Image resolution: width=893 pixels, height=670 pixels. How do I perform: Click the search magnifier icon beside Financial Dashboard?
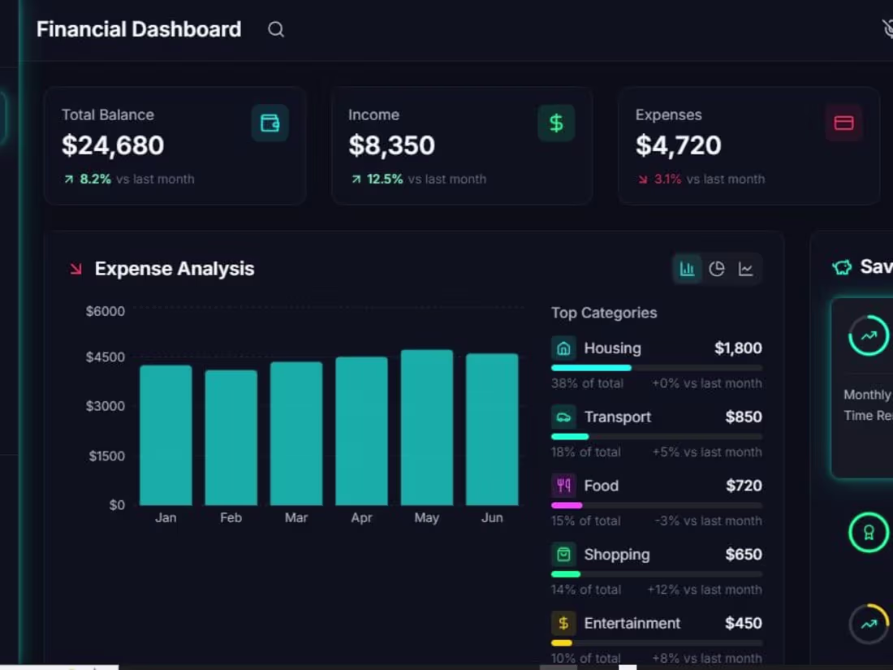[276, 30]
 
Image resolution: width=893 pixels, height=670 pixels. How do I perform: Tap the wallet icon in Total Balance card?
[270, 123]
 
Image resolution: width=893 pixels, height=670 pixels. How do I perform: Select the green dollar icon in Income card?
[556, 123]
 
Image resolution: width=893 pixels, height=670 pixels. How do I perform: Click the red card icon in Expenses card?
[843, 123]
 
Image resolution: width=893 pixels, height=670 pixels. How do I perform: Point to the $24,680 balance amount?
[113, 145]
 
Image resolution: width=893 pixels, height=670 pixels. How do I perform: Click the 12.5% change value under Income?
[385, 179]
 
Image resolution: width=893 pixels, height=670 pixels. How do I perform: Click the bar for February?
[231, 438]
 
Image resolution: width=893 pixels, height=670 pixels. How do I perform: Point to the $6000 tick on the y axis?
[106, 311]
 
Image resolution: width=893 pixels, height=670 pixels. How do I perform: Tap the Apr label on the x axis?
[361, 517]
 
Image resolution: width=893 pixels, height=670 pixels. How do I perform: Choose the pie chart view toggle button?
[717, 269]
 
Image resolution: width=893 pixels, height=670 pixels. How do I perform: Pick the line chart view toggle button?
[746, 269]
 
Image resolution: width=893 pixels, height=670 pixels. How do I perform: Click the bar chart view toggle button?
[688, 269]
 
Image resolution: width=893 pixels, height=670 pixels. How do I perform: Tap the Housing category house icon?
[563, 348]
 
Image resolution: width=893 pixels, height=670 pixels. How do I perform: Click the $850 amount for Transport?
[744, 417]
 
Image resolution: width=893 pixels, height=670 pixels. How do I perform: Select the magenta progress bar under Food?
[567, 505]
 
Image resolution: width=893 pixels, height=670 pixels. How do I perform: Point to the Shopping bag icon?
[563, 555]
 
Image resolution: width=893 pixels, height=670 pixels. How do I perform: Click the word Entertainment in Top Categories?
[632, 623]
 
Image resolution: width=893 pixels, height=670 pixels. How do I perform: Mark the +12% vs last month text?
[705, 590]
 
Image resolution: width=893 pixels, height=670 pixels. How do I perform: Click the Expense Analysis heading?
[175, 269]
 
